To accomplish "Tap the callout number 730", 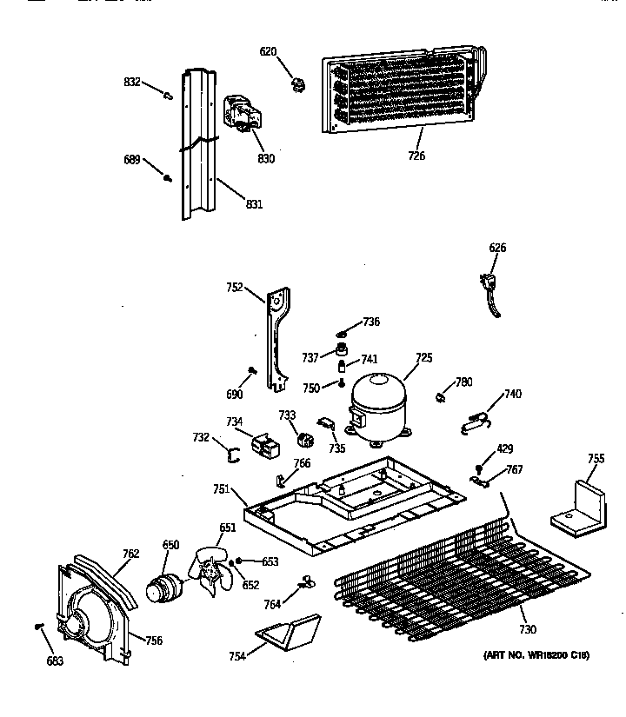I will (x=527, y=629).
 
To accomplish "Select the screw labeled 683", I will (x=38, y=626).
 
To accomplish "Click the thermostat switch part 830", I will (x=243, y=115).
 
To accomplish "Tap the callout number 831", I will (x=254, y=204).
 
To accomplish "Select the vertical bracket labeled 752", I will (x=276, y=339).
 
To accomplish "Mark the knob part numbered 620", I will (x=299, y=83).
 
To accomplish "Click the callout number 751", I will (x=221, y=490).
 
